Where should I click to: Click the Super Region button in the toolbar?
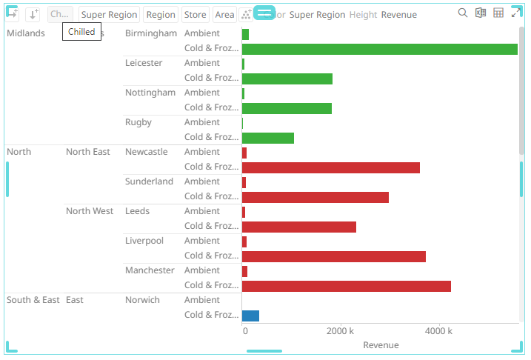(x=109, y=15)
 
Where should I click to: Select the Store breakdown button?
(x=195, y=15)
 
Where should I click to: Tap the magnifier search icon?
(x=463, y=13)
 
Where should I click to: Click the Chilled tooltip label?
(x=81, y=32)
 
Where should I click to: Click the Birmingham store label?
(x=151, y=33)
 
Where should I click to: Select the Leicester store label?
(x=144, y=63)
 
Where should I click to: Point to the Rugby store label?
(x=138, y=122)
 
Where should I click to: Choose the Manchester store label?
(x=150, y=270)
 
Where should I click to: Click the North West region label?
(x=90, y=211)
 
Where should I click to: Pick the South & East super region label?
(x=33, y=300)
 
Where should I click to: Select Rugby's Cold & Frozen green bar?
(x=268, y=138)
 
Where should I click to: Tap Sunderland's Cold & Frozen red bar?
(x=315, y=197)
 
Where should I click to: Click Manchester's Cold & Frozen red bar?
(x=347, y=286)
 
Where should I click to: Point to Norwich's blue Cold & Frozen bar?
(x=250, y=316)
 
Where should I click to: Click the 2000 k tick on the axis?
(x=340, y=330)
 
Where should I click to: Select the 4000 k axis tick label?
(x=438, y=330)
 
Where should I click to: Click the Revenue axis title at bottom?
(x=381, y=345)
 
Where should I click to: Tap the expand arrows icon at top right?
(x=516, y=13)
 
